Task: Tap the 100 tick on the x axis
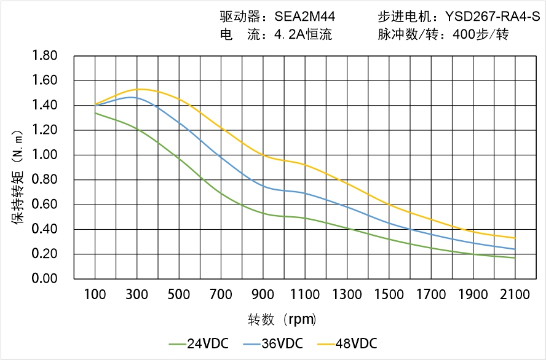(95, 295)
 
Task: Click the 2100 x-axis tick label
(515, 295)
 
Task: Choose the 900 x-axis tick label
(263, 295)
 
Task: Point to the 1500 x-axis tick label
(389, 295)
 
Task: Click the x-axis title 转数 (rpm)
(282, 319)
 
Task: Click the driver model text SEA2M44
(304, 17)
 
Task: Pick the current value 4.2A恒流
(303, 35)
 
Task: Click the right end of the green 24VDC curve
(515, 258)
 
